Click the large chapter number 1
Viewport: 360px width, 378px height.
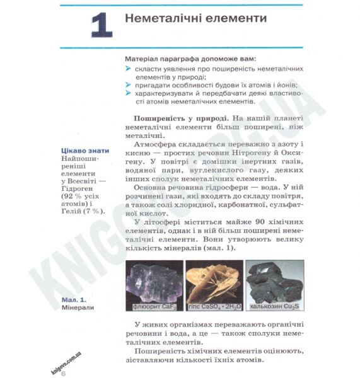click(x=101, y=26)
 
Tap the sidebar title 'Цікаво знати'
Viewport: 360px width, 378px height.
click(x=84, y=151)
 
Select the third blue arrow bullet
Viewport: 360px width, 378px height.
click(x=129, y=93)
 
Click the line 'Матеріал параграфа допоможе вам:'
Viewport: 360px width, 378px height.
click(x=191, y=57)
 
